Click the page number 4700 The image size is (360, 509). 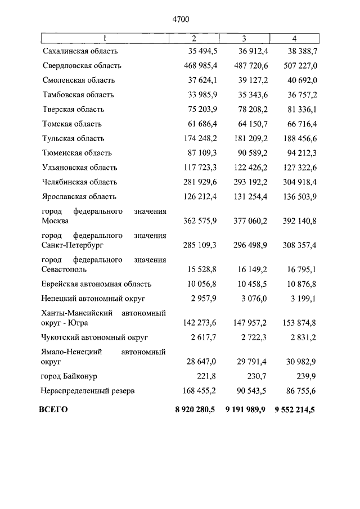pyautogui.click(x=180, y=20)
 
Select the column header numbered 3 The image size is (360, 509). pyautogui.click(x=244, y=38)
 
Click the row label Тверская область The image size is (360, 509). pyautogui.click(x=73, y=110)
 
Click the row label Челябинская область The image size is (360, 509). pyautogui.click(x=79, y=182)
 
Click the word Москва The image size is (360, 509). pyautogui.click(x=55, y=221)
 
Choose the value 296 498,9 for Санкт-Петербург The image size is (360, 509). pyautogui.click(x=247, y=246)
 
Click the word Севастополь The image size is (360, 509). pyautogui.click(x=63, y=270)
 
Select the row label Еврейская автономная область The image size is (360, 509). pyautogui.click(x=97, y=285)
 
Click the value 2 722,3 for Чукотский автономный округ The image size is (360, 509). pyautogui.click(x=251, y=338)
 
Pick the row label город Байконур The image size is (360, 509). pyautogui.click(x=69, y=376)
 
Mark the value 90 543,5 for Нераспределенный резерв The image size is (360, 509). pyautogui.click(x=249, y=390)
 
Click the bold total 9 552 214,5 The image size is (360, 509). pyautogui.click(x=295, y=410)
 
